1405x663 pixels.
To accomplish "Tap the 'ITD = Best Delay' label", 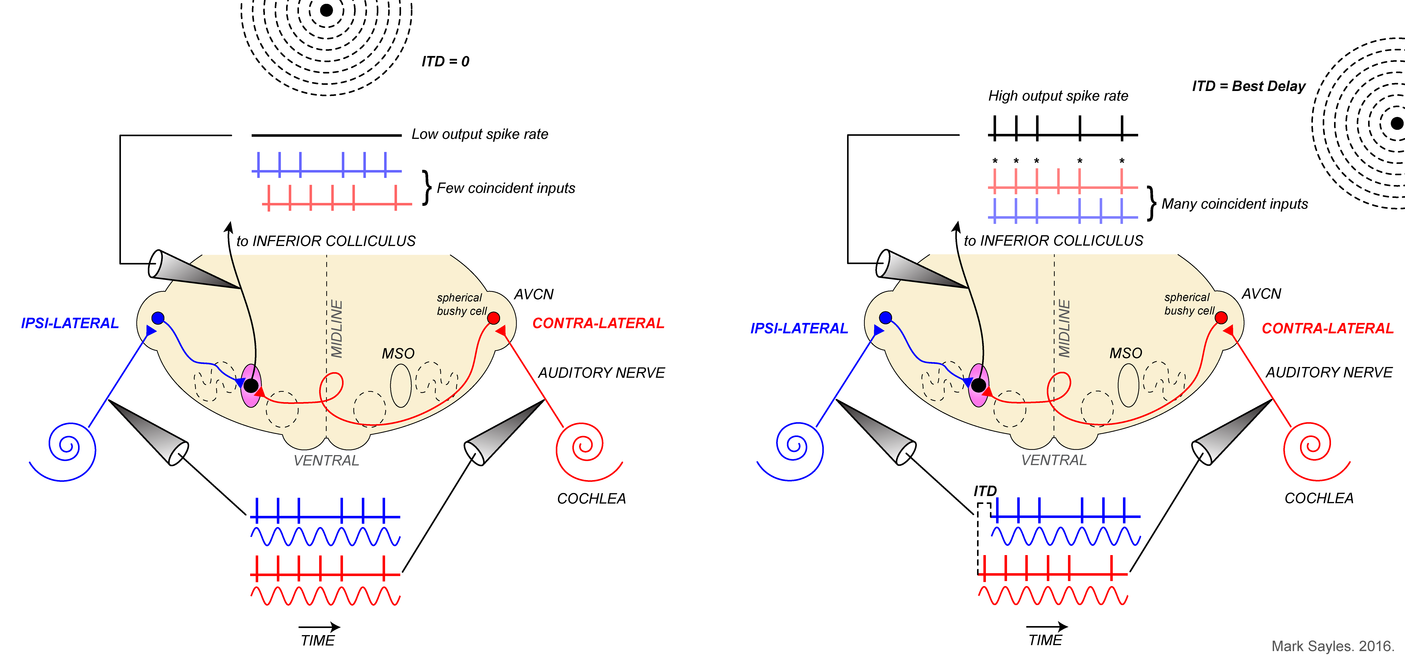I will click(x=1249, y=86).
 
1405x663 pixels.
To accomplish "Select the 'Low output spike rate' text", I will click(x=479, y=134).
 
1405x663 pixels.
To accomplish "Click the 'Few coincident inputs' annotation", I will click(x=506, y=188).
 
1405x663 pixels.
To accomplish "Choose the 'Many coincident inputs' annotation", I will click(x=1234, y=204).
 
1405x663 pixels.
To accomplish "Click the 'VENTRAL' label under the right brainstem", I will click(x=1054, y=460).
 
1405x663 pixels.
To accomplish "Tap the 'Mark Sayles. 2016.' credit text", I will click(x=1333, y=646).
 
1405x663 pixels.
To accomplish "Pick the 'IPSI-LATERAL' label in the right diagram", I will click(x=799, y=329).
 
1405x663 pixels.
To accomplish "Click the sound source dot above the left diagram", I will click(x=326, y=10).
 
